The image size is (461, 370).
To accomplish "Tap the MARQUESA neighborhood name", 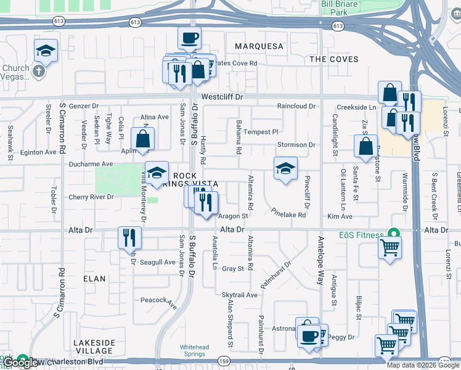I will (x=259, y=46).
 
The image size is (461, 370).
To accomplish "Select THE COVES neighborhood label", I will (x=333, y=59).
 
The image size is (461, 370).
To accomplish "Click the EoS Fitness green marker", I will (x=390, y=234).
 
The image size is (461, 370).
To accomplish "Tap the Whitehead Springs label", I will (x=197, y=350).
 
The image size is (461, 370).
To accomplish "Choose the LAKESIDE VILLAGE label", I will (x=94, y=347).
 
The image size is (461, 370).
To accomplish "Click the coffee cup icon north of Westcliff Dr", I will (x=189, y=38).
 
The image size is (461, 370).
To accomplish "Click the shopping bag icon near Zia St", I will (x=366, y=146).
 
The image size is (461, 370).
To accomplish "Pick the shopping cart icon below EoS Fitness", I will (x=390, y=248).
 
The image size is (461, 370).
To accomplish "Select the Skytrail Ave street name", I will (x=240, y=295).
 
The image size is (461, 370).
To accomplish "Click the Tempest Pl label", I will (x=261, y=132).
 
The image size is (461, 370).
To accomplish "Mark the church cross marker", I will (x=38, y=72).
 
